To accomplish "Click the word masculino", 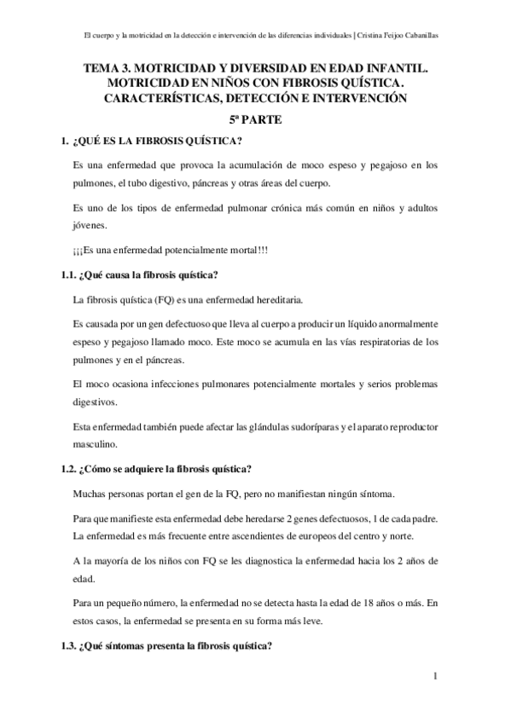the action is (x=100, y=445).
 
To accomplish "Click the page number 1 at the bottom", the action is (x=435, y=679).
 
